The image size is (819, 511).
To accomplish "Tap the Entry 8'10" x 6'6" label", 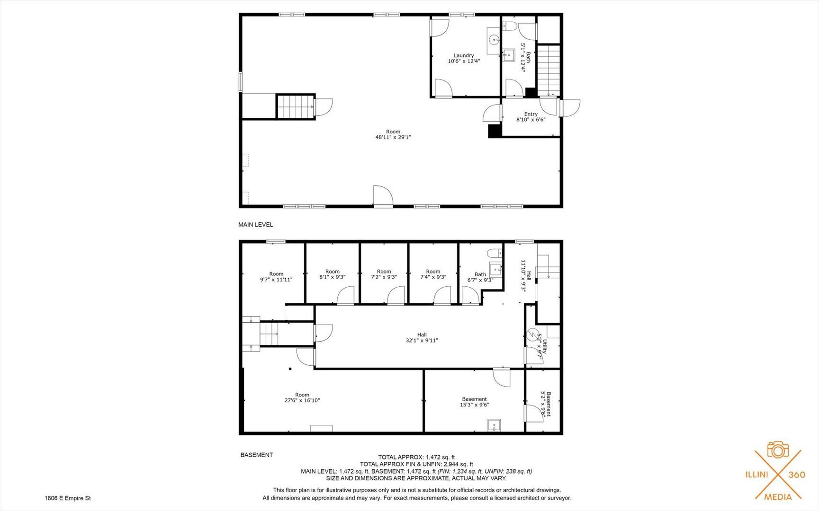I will [531, 117].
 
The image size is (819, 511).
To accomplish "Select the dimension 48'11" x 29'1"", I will [393, 137].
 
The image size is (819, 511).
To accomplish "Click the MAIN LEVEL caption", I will [255, 225].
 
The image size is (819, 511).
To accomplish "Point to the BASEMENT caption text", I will [256, 455].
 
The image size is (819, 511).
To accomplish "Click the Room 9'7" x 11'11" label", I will [276, 277].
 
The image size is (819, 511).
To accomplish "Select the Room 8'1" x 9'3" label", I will [332, 274].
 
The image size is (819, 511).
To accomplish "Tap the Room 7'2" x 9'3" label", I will [384, 274].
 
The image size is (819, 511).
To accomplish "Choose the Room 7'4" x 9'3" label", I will [433, 274].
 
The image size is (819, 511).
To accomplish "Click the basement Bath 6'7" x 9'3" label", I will [480, 277].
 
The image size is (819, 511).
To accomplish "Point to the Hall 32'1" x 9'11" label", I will [422, 337].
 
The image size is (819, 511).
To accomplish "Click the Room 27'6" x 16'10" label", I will [302, 397].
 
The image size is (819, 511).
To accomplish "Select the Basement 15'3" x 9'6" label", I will [474, 402].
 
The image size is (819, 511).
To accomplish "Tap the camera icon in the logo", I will [778, 450].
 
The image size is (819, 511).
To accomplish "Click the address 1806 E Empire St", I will [67, 498].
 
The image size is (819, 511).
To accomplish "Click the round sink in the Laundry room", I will [494, 40].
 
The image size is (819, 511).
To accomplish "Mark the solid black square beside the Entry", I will [494, 131].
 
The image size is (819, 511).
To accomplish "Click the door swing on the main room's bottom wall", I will [383, 196].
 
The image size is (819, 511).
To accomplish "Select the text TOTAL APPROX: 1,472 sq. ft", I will [416, 457].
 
